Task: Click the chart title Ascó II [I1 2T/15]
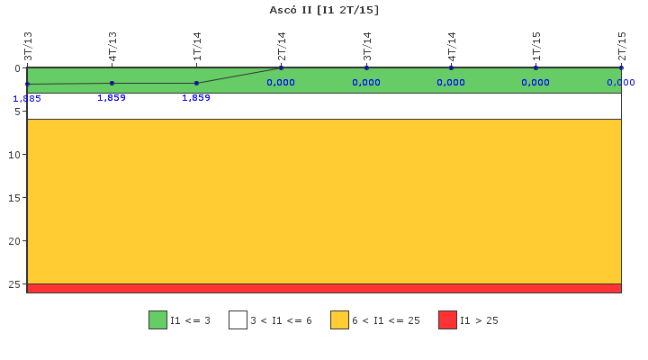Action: [324, 10]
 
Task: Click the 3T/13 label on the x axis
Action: [28, 46]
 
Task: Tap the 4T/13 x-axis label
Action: [112, 46]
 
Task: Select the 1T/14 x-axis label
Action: [197, 46]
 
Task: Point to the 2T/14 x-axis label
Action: [282, 46]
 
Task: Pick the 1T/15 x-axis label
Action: [536, 46]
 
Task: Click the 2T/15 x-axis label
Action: [621, 46]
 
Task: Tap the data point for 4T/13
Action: [112, 83]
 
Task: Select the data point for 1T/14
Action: [196, 83]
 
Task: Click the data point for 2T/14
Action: [282, 67]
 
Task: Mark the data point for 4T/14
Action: [451, 67]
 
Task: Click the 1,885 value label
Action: [27, 99]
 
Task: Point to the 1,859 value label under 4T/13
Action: [112, 97]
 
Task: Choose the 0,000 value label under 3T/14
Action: [366, 82]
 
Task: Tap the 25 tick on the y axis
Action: [14, 284]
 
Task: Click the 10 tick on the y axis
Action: [14, 155]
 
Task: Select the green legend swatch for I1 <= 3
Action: [157, 319]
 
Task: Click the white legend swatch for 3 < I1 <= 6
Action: [238, 319]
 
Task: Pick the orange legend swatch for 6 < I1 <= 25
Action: [339, 319]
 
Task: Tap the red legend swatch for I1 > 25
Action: [447, 319]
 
